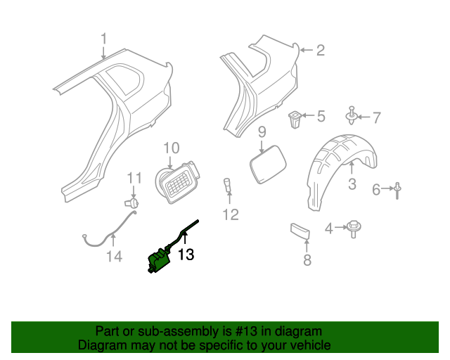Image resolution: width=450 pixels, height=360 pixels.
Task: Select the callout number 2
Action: tap(320, 50)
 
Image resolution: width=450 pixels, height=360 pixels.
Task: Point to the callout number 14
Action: tap(114, 257)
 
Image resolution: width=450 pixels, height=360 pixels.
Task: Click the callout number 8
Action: tap(307, 261)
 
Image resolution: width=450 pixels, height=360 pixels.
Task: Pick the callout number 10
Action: tap(172, 148)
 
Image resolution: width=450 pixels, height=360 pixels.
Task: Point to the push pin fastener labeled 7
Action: tap(351, 115)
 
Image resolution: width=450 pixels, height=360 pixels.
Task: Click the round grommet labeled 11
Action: tap(131, 202)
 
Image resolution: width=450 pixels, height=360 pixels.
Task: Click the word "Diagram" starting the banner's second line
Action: tap(101, 345)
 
